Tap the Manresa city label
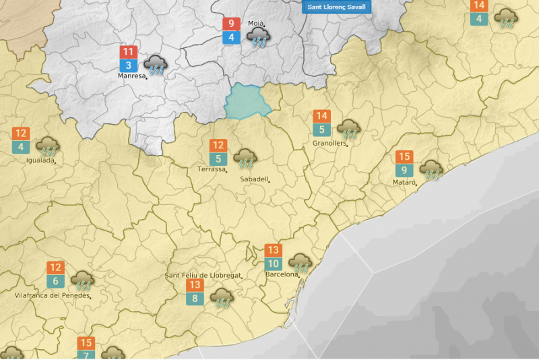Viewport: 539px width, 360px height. [131, 76]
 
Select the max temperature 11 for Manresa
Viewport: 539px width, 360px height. [129, 52]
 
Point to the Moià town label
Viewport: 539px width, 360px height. [256, 24]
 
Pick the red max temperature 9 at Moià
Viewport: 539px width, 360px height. [231, 24]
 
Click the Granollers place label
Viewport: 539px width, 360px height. [329, 143]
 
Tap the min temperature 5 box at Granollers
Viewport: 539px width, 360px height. [322, 130]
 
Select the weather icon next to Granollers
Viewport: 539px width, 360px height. [348, 128]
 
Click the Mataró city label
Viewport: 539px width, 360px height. [405, 182]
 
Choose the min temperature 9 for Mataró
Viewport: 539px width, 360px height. [404, 170]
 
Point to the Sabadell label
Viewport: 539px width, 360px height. [254, 179]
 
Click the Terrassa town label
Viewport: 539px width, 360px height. [212, 169]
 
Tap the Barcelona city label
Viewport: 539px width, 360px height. [281, 274]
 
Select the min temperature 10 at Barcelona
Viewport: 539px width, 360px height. [273, 264]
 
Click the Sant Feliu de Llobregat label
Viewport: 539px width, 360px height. [203, 276]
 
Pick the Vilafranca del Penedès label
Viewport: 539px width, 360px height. [52, 295]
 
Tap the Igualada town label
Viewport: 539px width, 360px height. [39, 160]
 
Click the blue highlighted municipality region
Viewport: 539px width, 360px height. [247, 101]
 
